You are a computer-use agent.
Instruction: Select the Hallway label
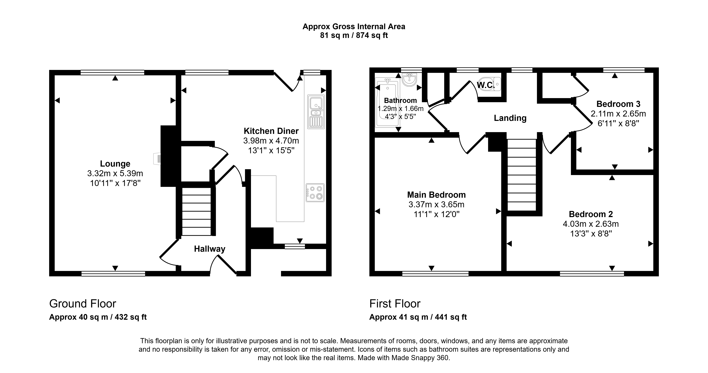(210, 249)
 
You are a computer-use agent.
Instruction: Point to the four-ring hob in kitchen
(315, 193)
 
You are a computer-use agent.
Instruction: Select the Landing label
(510, 118)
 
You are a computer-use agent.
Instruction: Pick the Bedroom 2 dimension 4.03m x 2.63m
(591, 224)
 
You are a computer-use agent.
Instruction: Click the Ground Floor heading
(83, 304)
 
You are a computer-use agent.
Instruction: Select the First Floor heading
(395, 304)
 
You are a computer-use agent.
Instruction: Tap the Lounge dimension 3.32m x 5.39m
(115, 174)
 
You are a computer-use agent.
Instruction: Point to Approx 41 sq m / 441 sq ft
(418, 317)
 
